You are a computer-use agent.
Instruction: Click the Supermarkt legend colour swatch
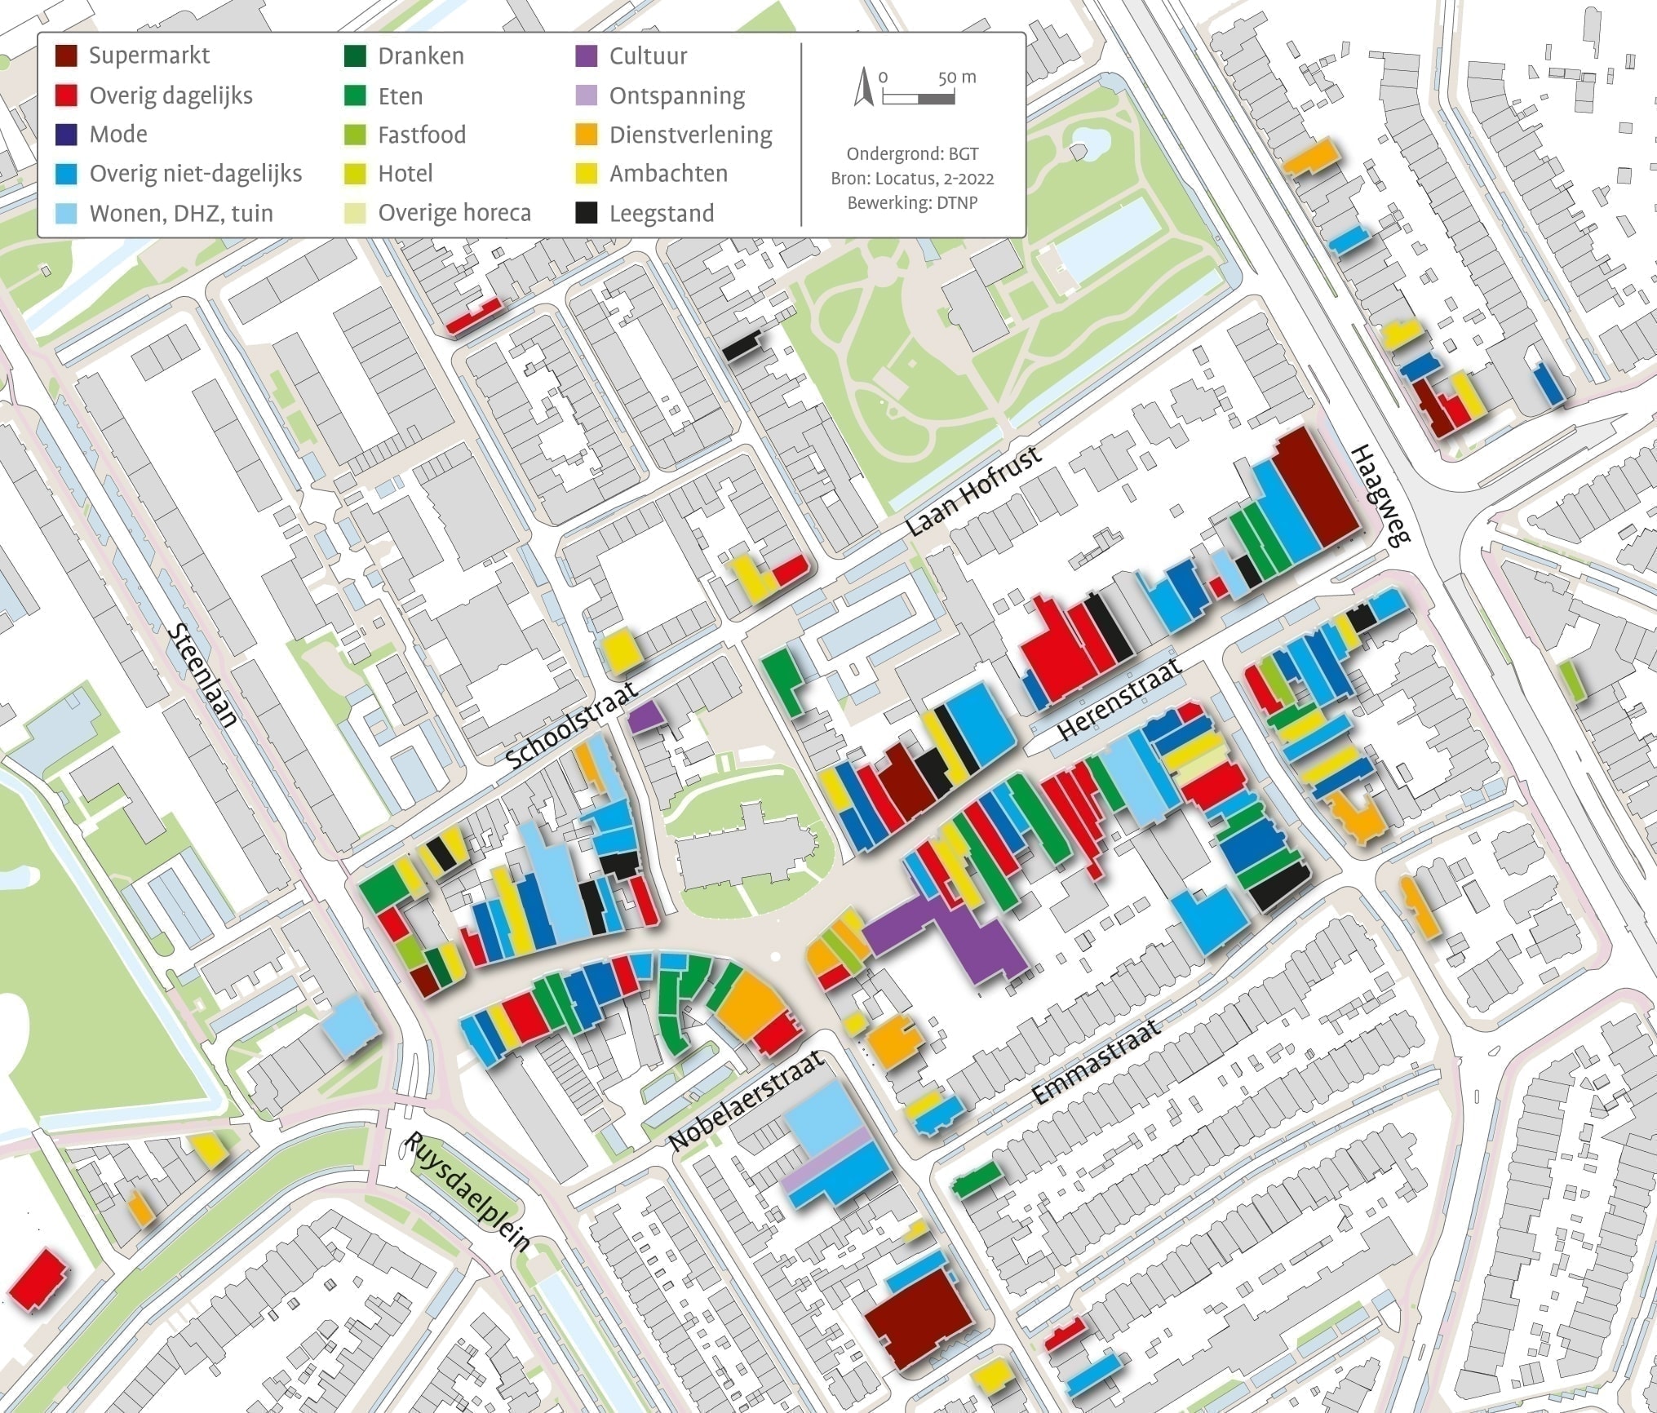tap(66, 56)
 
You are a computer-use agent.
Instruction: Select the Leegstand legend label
tap(661, 214)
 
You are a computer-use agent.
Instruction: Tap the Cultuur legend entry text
tap(648, 56)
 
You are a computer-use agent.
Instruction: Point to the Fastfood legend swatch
tap(355, 135)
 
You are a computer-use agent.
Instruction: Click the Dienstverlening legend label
tap(690, 135)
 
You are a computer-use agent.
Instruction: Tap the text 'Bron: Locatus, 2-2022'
tap(912, 179)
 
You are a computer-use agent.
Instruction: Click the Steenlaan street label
tap(203, 676)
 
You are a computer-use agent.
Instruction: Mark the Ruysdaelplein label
tap(467, 1192)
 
